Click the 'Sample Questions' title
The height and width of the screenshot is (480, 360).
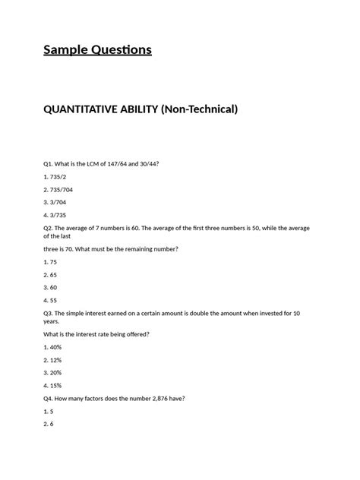[x=97, y=50]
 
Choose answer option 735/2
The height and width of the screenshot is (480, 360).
[x=55, y=177]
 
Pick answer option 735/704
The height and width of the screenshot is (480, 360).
[x=59, y=190]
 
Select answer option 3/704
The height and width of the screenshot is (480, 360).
[x=55, y=203]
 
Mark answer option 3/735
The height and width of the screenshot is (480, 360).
[x=55, y=216]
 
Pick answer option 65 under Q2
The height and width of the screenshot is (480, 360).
[x=50, y=275]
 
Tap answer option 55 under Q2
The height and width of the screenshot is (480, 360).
[x=50, y=301]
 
